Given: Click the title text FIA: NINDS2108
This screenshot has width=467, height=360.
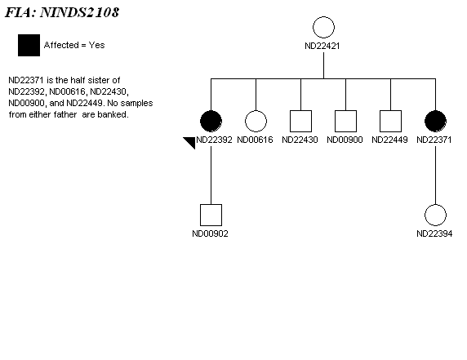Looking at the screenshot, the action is pyautogui.click(x=62, y=12).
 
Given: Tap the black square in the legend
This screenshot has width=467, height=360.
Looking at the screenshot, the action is pyautogui.click(x=29, y=45).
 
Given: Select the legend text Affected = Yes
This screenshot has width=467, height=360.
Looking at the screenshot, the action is pyautogui.click(x=74, y=45).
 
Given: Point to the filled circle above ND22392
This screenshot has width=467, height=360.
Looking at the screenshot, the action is pyautogui.click(x=211, y=121).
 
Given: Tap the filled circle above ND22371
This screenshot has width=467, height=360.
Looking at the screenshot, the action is pyautogui.click(x=435, y=121).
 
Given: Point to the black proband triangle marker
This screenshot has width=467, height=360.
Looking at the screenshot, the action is pyautogui.click(x=191, y=141).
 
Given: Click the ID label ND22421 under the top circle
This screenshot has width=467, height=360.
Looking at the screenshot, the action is pyautogui.click(x=322, y=46).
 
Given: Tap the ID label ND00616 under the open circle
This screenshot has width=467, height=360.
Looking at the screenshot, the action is pyautogui.click(x=255, y=140).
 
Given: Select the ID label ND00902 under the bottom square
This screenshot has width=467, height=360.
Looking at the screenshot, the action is pyautogui.click(x=211, y=233).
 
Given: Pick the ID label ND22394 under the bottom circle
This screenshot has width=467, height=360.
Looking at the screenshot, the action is pyautogui.click(x=434, y=233).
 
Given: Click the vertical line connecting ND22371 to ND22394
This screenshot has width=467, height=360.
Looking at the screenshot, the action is pyautogui.click(x=435, y=175).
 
